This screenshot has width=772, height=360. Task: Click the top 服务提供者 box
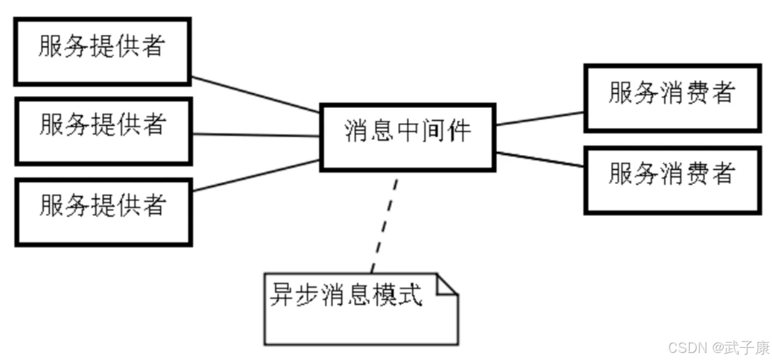tap(102, 51)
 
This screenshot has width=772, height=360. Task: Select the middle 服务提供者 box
tap(103, 131)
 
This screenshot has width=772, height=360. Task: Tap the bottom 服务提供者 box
tap(103, 213)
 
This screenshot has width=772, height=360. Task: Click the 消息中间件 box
tap(408, 137)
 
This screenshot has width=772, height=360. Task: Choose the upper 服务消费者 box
tap(672, 98)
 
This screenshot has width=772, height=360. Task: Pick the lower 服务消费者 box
tap(672, 179)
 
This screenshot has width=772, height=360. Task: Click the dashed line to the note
tap(385, 223)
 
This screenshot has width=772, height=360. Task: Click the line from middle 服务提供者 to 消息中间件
tap(255, 135)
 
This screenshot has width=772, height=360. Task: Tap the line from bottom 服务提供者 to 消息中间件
tap(255, 176)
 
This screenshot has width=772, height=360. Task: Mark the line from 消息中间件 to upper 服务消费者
tap(540, 119)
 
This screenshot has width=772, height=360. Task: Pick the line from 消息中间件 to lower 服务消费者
tap(540, 159)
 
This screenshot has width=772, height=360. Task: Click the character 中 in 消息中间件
tap(407, 131)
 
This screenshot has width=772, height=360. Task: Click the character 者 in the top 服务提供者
tap(152, 47)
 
